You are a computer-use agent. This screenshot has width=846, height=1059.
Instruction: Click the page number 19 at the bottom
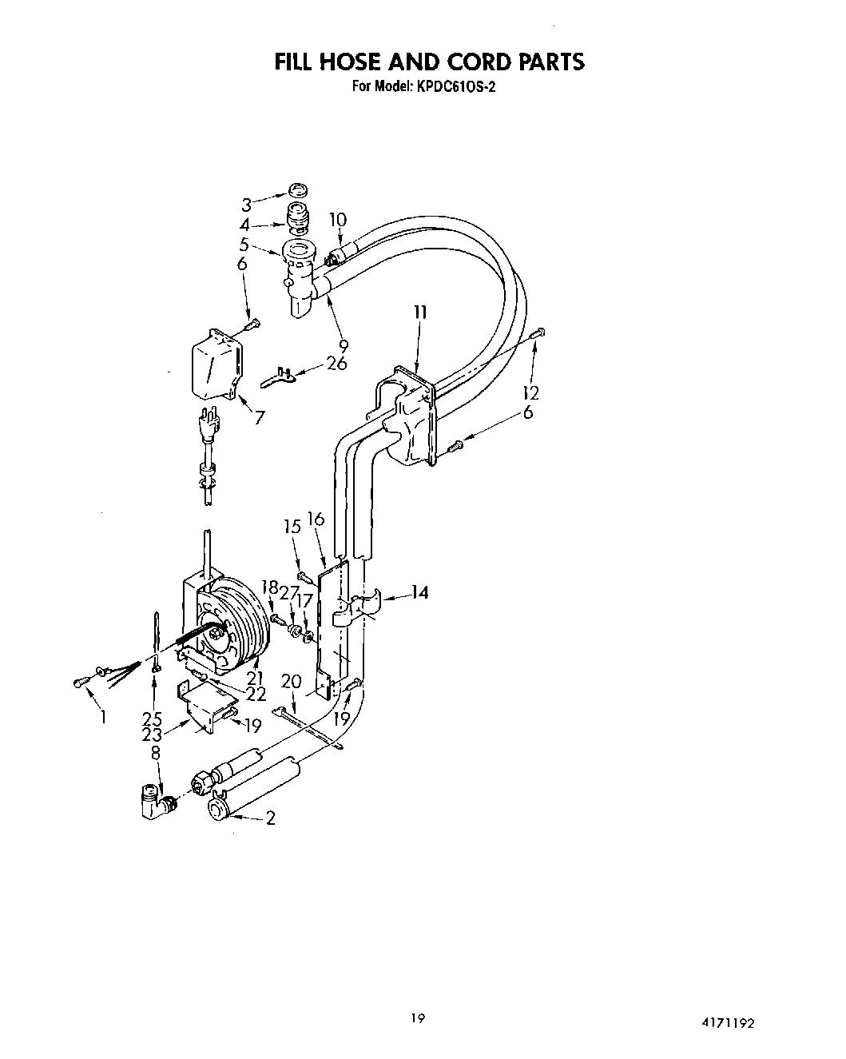tap(417, 1018)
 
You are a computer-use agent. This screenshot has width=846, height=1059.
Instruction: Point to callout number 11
tap(420, 313)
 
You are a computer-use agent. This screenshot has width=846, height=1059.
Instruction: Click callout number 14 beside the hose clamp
tap(420, 592)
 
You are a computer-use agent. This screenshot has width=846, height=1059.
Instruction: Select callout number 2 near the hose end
tap(270, 818)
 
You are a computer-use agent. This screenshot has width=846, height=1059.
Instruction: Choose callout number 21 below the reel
tap(254, 679)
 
